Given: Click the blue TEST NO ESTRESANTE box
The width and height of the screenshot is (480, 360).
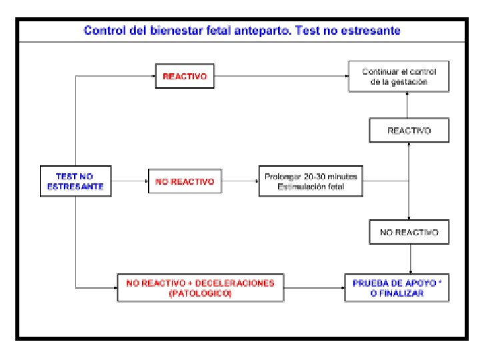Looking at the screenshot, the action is (75, 181).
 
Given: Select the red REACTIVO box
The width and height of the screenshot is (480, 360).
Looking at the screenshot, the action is (185, 76).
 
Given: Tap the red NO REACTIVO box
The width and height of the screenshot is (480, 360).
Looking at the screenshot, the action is (185, 181).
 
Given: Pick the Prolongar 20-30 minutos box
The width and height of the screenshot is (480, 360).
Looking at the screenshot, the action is (311, 181).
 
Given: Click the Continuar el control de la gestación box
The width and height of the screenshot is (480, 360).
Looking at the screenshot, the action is (399, 76).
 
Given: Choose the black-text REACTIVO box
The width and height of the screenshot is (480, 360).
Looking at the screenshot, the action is (409, 131).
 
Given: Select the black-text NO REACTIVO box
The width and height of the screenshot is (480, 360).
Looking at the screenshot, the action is (409, 232).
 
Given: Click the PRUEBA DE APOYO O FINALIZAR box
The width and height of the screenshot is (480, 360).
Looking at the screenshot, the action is (397, 288).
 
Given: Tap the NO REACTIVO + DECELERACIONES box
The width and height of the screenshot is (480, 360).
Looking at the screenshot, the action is (201, 288).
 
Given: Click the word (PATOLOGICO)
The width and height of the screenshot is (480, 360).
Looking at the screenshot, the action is (201, 293).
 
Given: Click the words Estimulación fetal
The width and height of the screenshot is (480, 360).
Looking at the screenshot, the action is (311, 187).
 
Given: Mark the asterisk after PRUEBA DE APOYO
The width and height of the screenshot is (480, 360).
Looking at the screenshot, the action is (440, 281).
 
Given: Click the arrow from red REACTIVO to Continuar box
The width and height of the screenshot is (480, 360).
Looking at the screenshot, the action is (281, 76).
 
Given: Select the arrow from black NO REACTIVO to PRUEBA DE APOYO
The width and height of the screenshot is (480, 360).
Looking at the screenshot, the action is (411, 259).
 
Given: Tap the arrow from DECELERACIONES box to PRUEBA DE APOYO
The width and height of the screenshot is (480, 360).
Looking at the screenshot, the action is (315, 288).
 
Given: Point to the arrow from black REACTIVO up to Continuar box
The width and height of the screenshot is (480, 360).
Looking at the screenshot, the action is (407, 105).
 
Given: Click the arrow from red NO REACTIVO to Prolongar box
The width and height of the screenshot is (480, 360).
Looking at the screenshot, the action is (240, 181).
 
